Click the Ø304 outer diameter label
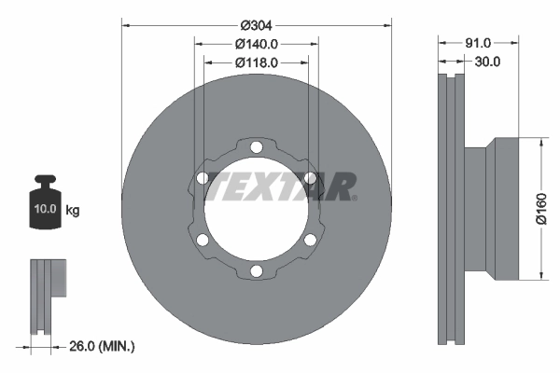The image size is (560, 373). pos(256,26)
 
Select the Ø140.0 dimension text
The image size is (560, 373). pos(257,44)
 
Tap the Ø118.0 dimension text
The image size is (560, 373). pos(257,62)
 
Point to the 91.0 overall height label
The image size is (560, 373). pos(478,43)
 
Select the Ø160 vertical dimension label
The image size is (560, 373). pos(540,210)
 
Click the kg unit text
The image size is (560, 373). pos(73,211)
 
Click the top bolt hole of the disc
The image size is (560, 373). pos(256,146)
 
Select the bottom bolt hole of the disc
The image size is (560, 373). pos(256,271)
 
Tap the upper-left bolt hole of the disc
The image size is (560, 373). pos(202,177)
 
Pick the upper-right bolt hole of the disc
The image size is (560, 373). pos(310,177)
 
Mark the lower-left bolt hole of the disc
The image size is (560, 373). pos(202,241)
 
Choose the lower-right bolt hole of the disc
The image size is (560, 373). pos(310,241)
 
